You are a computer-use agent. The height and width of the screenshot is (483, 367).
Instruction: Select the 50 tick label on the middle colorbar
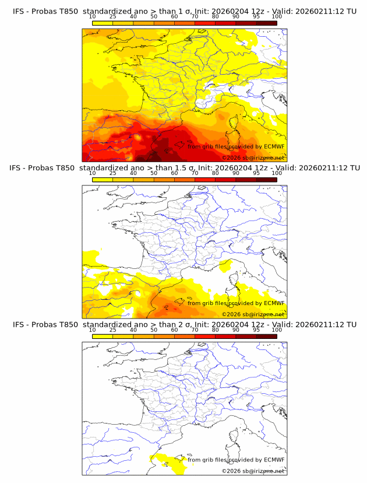[154, 173]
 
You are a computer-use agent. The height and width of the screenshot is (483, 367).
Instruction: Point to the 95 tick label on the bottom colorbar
[256, 330]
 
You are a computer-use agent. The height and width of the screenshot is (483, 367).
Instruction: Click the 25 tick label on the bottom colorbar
[112, 330]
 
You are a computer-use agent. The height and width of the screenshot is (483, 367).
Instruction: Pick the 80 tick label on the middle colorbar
[216, 173]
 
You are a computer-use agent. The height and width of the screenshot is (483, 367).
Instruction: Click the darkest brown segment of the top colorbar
[266, 23]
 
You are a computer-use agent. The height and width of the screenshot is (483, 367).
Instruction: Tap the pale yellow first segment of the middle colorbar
[102, 180]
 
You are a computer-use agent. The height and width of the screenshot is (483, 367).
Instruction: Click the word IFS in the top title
[19, 10]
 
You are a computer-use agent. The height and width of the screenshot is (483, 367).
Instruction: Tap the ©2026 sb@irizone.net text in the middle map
[253, 314]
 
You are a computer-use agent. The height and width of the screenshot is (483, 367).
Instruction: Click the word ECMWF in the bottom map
[274, 460]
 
